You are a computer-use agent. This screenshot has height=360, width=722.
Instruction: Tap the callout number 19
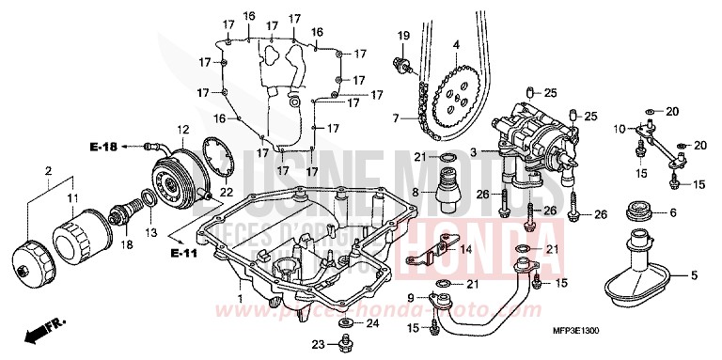403,36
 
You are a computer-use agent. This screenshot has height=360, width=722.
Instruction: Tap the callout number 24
371,324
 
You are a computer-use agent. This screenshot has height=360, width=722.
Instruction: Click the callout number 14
467,250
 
